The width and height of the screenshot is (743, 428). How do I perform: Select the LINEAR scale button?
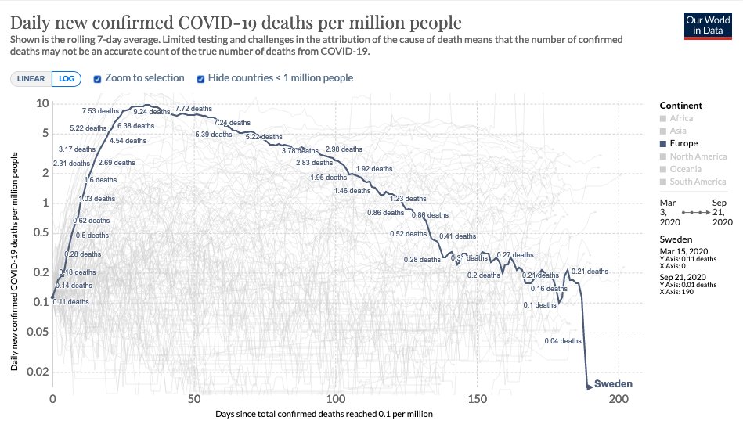pos(31,78)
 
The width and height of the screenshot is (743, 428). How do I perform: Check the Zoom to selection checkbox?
pos(98,78)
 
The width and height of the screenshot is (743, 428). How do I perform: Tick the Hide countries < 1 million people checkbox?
pos(201,78)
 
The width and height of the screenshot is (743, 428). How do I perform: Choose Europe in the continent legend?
pos(683,144)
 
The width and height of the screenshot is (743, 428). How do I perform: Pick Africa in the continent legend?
pos(683,119)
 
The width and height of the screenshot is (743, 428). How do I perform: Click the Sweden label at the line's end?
pos(613,384)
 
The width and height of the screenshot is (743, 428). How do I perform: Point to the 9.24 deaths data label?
pos(151,112)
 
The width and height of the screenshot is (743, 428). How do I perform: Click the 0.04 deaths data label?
pos(563,341)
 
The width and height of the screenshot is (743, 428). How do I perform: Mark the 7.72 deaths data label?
pos(193,109)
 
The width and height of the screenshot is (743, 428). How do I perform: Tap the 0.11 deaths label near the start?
pos(70,301)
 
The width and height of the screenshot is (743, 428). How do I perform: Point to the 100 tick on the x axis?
pos(336,399)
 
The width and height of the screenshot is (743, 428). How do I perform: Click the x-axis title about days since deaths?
pos(325,414)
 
